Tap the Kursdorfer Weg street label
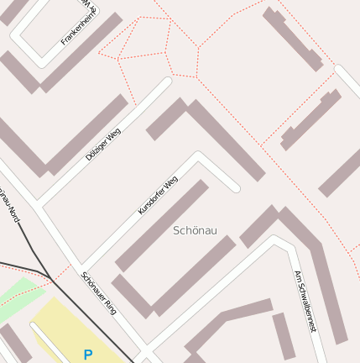(158, 195)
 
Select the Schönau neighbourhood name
(195, 230)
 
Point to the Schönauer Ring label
(99, 293)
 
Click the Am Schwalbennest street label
(305, 302)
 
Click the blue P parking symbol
(88, 355)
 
